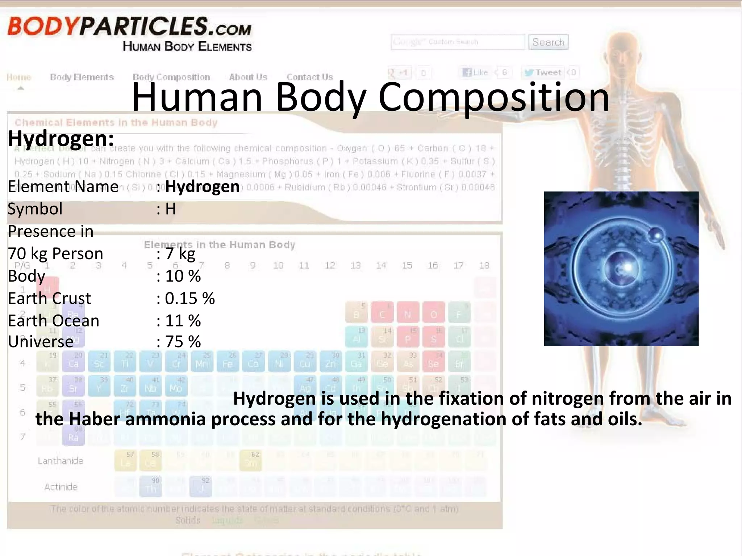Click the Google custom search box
click(x=457, y=42)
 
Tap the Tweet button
click(x=542, y=72)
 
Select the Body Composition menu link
click(x=171, y=77)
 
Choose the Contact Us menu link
click(x=309, y=77)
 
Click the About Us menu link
click(x=248, y=77)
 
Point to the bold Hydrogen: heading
click(x=61, y=139)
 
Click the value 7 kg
click(x=180, y=254)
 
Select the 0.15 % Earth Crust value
click(x=189, y=299)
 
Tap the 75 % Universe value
click(x=183, y=342)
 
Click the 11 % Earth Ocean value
click(x=183, y=321)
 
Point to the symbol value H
click(x=170, y=209)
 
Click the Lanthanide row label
click(x=61, y=461)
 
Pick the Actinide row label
click(x=61, y=487)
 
